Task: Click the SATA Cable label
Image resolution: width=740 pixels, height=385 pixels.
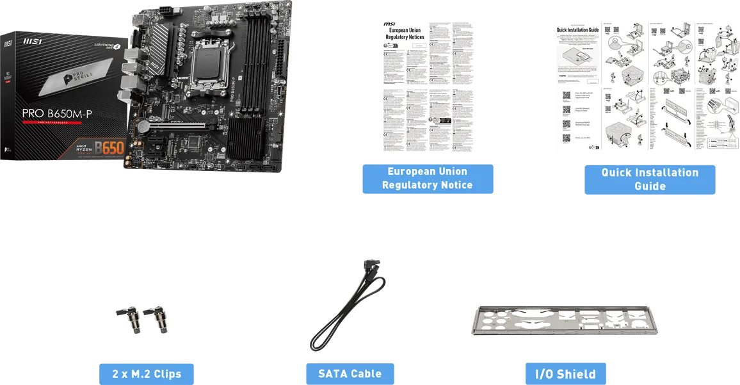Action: tap(350, 373)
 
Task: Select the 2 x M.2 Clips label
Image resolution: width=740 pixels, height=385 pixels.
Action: tap(146, 374)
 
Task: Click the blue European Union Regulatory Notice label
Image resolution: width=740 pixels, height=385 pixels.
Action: tap(427, 179)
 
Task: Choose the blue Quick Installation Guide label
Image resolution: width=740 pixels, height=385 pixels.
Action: tap(650, 179)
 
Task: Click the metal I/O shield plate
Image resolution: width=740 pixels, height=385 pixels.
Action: tap(566, 320)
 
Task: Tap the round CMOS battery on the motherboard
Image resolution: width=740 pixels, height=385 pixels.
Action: tap(145, 127)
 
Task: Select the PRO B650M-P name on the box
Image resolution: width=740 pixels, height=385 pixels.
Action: tap(57, 113)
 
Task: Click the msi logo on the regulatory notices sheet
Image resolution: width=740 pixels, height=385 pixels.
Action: tap(389, 25)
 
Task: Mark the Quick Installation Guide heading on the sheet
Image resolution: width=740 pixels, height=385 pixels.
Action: tap(577, 29)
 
